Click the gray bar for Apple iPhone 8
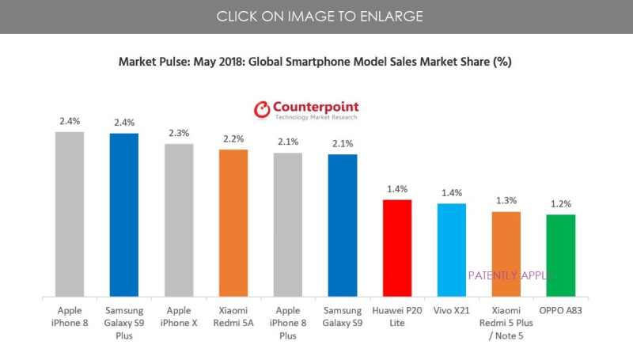69,214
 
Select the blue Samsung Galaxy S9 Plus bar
123,214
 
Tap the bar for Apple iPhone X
178,220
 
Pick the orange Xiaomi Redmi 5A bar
233,222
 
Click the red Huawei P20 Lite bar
397,248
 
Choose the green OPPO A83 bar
561,255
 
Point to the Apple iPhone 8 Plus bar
288,225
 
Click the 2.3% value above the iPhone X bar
179,134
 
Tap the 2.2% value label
233,139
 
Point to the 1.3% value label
506,201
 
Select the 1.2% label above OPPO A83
561,204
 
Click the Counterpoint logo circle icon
262,110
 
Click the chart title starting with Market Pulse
316,62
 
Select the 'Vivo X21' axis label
452,311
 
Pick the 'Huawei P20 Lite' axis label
397,316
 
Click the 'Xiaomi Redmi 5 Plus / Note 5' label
506,323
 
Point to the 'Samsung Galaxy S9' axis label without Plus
343,316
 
